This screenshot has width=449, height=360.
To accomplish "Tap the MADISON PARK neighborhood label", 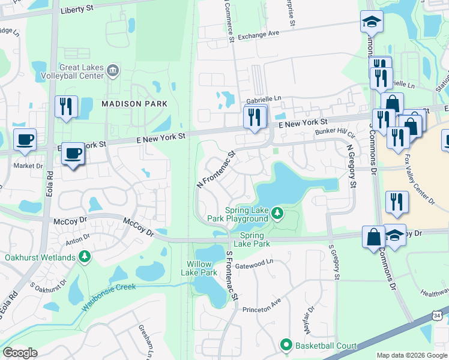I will tap(134, 104).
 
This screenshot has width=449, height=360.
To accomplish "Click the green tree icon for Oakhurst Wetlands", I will tap(85, 257).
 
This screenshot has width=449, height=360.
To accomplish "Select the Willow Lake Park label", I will tap(201, 268).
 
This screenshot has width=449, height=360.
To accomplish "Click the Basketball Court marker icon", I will tap(286, 345).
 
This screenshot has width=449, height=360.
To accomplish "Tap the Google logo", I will tap(20, 353).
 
